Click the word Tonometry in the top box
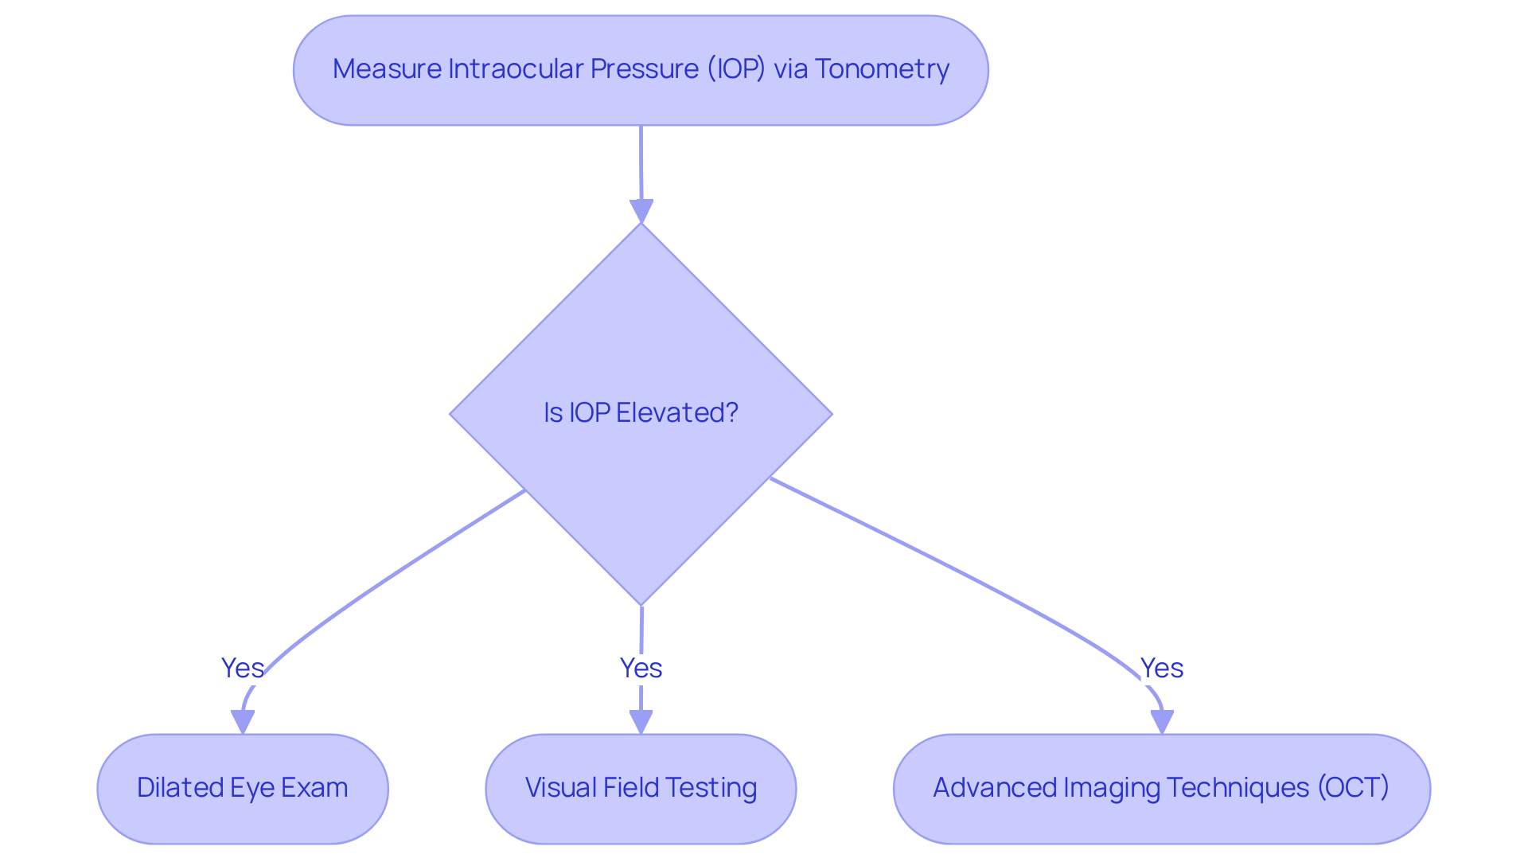click(x=882, y=69)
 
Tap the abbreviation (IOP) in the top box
click(x=736, y=69)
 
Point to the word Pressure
click(x=644, y=69)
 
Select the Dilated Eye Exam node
click(x=243, y=788)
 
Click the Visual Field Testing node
click(x=641, y=788)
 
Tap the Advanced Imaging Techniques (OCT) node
click(x=1161, y=788)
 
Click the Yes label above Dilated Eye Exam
click(x=242, y=668)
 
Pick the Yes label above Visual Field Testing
click(x=641, y=668)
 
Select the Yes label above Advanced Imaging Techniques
click(x=1161, y=668)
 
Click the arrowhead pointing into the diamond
click(x=641, y=212)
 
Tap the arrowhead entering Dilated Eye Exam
click(x=243, y=722)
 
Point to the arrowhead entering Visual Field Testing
click(x=641, y=722)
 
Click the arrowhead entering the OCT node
click(x=1162, y=722)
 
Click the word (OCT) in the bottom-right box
click(x=1353, y=787)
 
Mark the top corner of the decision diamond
click(x=641, y=224)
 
